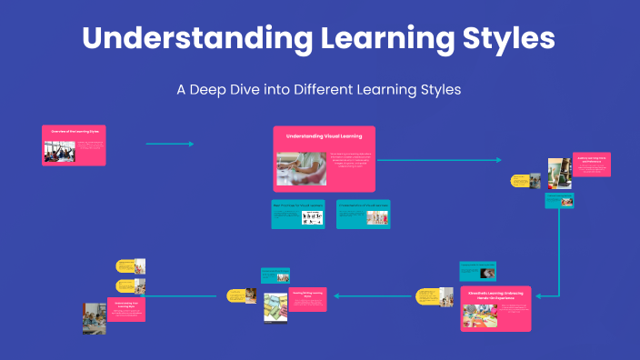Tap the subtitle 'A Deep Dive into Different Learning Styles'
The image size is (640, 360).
pyautogui.click(x=319, y=90)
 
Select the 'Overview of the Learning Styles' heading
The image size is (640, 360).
pyautogui.click(x=75, y=132)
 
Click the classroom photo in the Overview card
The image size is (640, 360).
pyautogui.click(x=59, y=150)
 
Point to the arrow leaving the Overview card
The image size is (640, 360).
pyautogui.click(x=170, y=144)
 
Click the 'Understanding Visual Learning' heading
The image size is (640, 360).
pyautogui.click(x=324, y=135)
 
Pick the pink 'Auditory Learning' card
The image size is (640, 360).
pyautogui.click(x=592, y=169)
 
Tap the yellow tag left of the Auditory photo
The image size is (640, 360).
pyautogui.click(x=520, y=180)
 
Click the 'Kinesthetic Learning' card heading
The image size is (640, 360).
pyautogui.click(x=496, y=295)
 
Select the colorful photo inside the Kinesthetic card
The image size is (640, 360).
pyautogui.click(x=480, y=314)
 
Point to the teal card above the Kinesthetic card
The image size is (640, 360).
pyautogui.click(x=478, y=270)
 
